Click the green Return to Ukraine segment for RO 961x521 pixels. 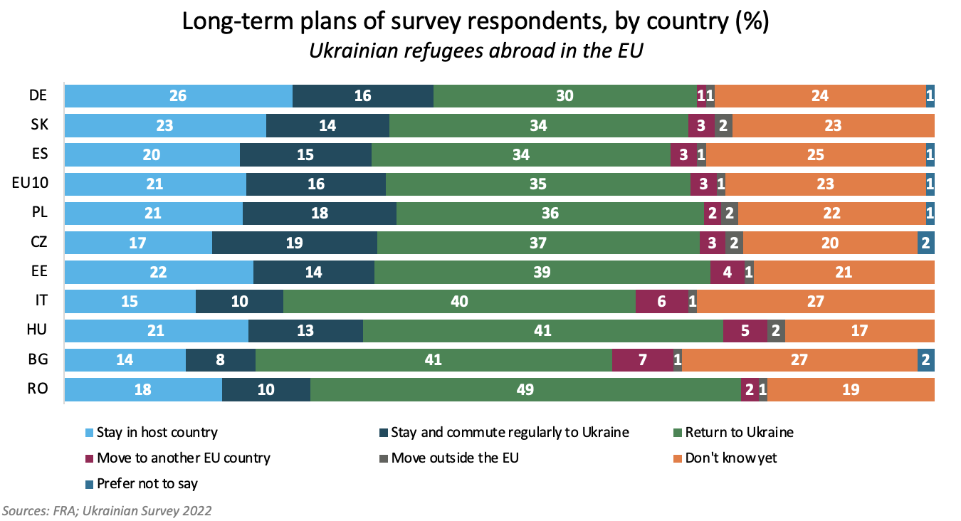point(525,390)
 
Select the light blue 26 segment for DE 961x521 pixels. point(178,96)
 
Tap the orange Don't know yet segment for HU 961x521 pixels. point(859,331)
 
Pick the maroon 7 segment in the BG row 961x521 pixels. point(642,360)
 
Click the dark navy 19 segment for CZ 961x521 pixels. point(294,243)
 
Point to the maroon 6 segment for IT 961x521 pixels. point(661,302)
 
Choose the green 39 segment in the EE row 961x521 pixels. point(542,272)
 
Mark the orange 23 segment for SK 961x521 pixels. point(833,126)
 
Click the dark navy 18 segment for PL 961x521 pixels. point(319,214)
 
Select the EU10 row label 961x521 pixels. point(30,184)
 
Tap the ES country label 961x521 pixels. point(38,154)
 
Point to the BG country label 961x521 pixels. point(38,359)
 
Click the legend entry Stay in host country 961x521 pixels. point(157,433)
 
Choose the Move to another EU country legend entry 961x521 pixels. point(183,458)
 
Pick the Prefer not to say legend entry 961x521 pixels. point(147,484)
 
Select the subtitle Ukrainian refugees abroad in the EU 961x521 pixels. point(476,51)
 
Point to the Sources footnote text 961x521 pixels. point(107,510)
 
